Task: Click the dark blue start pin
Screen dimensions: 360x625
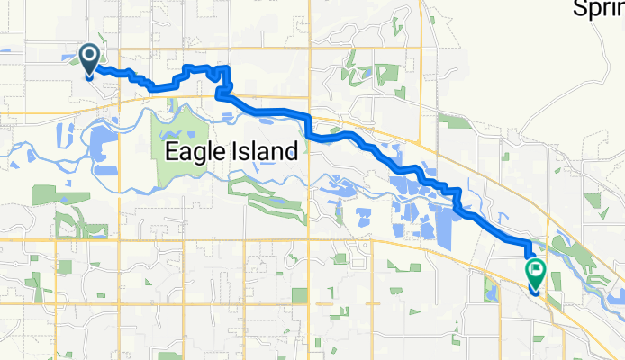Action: [90, 59]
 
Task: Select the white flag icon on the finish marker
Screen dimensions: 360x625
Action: [537, 268]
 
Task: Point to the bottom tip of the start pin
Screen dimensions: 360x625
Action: [90, 77]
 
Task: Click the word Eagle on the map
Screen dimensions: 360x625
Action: [192, 152]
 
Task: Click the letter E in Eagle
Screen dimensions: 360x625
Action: [171, 152]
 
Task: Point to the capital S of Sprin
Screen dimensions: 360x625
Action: [580, 9]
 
